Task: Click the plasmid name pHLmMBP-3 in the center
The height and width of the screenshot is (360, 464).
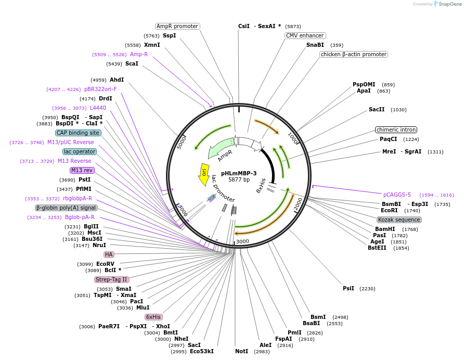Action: click(x=239, y=173)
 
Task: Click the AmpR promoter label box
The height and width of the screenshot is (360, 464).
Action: click(x=178, y=26)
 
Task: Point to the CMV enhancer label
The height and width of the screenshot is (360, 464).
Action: click(x=305, y=35)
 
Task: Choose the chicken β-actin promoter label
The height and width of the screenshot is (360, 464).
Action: click(x=354, y=54)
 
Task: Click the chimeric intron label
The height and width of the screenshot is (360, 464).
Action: click(x=397, y=130)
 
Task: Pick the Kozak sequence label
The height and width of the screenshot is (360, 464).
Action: click(x=399, y=220)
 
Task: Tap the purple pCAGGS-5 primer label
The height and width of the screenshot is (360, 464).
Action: click(x=397, y=195)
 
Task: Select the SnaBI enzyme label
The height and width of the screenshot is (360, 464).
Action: click(x=315, y=45)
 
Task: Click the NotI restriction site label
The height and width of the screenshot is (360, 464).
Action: click(x=242, y=351)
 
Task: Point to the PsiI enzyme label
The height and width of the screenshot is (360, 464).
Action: click(x=349, y=288)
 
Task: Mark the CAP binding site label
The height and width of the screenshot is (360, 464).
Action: click(x=78, y=133)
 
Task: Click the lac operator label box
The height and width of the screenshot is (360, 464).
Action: click(x=80, y=151)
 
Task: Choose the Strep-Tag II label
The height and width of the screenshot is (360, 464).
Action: click(x=111, y=279)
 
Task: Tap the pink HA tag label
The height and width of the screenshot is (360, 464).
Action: click(x=109, y=254)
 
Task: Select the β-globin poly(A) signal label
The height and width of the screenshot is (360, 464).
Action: click(x=67, y=208)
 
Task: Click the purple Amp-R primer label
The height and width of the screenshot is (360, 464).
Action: click(x=139, y=54)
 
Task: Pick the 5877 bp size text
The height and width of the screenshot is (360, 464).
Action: click(x=239, y=180)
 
